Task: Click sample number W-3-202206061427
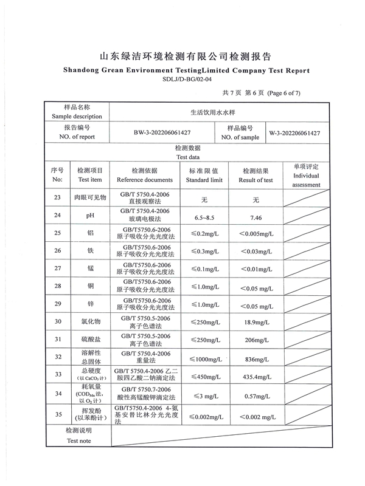pos(295,132)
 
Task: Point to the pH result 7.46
pos(256,216)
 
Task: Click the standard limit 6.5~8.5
pos(204,216)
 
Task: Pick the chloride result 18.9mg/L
pos(256,322)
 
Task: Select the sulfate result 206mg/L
pos(256,340)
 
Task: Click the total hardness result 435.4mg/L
pos(256,377)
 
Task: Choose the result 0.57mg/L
pos(256,394)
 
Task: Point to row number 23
pos(58,198)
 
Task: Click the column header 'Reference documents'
pos(145,180)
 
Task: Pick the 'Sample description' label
pos(77,116)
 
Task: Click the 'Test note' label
pos(77,441)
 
